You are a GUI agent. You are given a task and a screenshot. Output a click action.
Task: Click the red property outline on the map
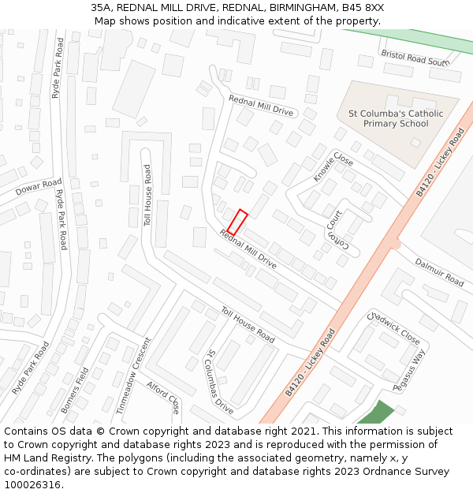point(237,222)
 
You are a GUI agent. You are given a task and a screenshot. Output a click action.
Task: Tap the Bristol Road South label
point(415,58)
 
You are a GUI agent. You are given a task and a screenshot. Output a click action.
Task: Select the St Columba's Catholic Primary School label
point(396,118)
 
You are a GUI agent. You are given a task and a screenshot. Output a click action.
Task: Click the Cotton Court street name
point(337,230)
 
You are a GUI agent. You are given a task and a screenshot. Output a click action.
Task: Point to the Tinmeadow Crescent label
point(132,376)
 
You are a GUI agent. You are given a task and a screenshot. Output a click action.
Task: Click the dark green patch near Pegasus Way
point(375,413)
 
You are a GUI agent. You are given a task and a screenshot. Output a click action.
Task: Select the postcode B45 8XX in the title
point(363,8)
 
